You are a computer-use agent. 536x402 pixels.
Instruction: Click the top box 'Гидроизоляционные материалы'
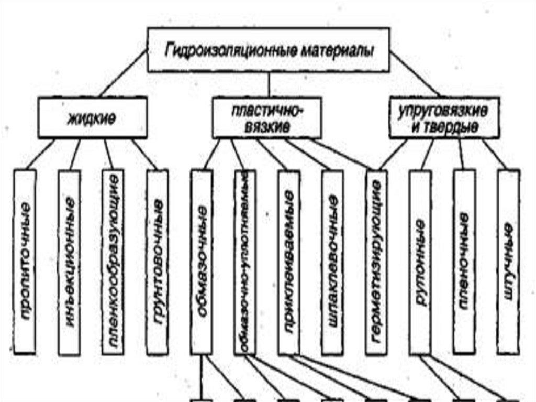coord(268,50)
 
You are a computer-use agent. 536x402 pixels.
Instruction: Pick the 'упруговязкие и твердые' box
coord(444,118)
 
